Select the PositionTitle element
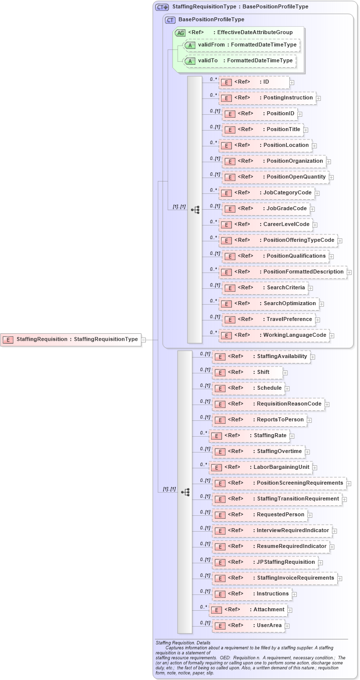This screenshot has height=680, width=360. click(263, 130)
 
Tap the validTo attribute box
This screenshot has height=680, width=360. click(239, 61)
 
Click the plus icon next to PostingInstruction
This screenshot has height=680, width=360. click(318, 98)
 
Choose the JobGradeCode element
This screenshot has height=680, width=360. click(266, 209)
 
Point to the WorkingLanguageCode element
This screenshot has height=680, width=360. click(274, 335)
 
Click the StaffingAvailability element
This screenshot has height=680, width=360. click(261, 357)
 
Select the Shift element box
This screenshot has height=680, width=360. click(247, 372)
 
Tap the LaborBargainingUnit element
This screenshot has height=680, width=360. click(260, 467)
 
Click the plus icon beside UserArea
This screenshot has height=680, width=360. click(287, 626)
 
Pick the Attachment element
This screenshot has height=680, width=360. click(248, 610)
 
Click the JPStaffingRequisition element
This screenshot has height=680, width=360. click(265, 562)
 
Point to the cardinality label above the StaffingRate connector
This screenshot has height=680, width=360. click(203, 433)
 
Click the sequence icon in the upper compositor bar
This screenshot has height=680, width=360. click(195, 210)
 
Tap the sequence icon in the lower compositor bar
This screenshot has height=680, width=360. click(185, 492)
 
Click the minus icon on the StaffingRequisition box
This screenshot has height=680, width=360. click(143, 340)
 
